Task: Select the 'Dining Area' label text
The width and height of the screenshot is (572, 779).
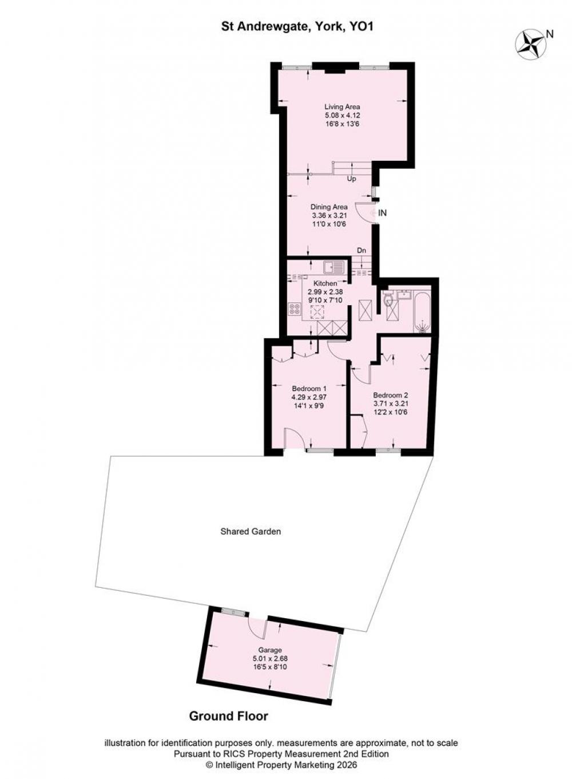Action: [329, 207]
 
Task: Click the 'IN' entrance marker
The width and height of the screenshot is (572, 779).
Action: [382, 213]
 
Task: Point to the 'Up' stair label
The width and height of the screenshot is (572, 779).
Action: [352, 179]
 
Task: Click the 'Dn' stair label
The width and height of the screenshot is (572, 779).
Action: [362, 250]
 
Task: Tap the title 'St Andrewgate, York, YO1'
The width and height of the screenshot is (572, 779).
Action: [297, 27]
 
